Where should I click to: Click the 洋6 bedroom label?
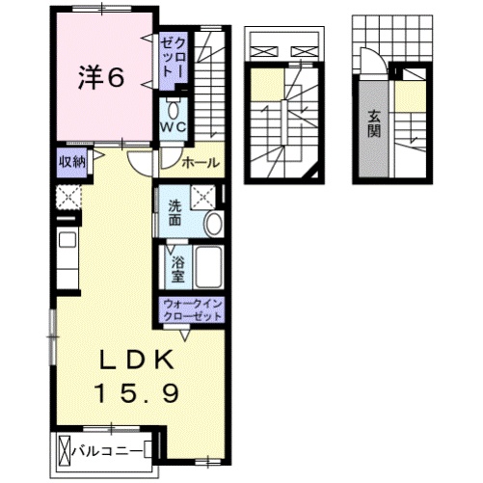[100, 78]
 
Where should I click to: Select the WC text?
[173, 126]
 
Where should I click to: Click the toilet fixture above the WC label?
[174, 107]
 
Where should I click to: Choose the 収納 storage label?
[70, 162]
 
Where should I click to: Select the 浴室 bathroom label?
[176, 265]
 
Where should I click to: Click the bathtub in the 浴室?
[208, 266]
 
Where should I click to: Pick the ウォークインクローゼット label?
[193, 309]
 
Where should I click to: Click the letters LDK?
[134, 361]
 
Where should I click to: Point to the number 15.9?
[134, 392]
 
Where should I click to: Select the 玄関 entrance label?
[372, 122]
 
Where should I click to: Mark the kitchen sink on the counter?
[67, 241]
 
